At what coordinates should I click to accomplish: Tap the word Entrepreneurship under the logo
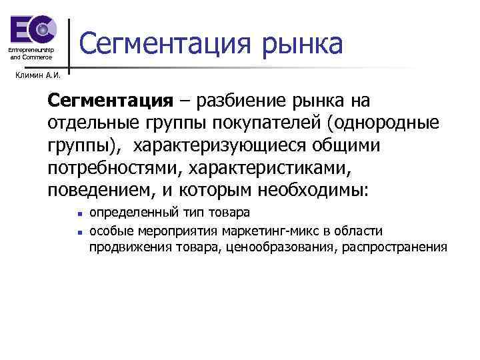[x=30, y=51]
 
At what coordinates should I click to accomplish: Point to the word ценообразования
[x=279, y=247]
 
